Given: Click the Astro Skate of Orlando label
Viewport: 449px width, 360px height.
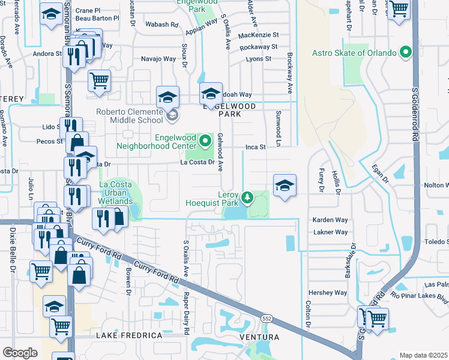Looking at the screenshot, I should (354, 53).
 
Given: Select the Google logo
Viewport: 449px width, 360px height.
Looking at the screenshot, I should (20, 353).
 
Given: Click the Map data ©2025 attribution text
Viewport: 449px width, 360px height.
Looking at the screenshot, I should (424, 355).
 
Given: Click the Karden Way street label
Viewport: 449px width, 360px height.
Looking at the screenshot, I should (330, 220).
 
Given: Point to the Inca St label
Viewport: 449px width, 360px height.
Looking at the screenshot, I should (255, 147).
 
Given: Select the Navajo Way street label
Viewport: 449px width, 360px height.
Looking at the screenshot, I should (158, 59).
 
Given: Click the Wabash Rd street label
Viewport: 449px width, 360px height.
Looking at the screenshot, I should (161, 25).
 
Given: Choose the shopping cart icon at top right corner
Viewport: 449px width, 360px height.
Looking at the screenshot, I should (398, 9).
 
